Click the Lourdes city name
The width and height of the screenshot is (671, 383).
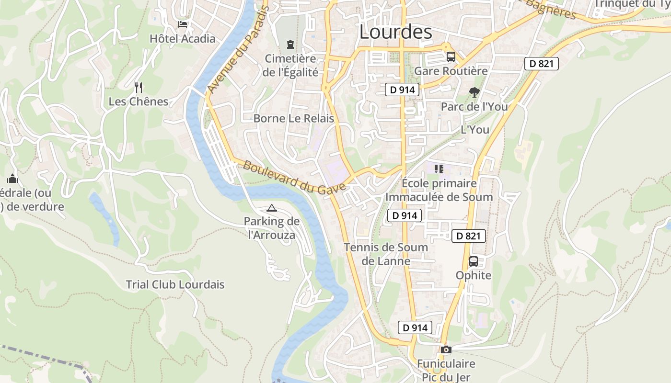click(395, 33)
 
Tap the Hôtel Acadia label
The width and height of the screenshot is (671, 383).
click(183, 39)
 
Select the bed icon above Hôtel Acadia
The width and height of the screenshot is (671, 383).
click(183, 24)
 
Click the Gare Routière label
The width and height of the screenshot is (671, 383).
click(451, 71)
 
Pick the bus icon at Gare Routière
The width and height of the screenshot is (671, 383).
click(451, 57)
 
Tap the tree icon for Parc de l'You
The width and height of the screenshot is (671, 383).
click(474, 92)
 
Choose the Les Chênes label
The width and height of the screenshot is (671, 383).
click(139, 101)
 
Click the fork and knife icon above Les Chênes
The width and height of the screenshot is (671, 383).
click(139, 87)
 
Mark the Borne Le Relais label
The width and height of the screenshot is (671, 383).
click(293, 119)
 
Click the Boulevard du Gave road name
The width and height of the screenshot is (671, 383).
click(294, 177)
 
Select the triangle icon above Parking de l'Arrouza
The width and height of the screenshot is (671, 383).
click(272, 208)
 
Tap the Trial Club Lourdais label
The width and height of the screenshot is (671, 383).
click(175, 284)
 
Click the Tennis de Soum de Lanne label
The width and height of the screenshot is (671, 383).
click(386, 254)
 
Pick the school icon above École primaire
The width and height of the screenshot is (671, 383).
click(439, 169)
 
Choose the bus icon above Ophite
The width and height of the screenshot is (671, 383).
click(474, 261)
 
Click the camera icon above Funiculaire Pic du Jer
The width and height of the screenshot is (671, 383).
click(446, 349)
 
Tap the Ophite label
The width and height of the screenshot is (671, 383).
click(474, 275)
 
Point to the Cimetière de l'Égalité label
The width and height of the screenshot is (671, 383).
click(291, 66)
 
